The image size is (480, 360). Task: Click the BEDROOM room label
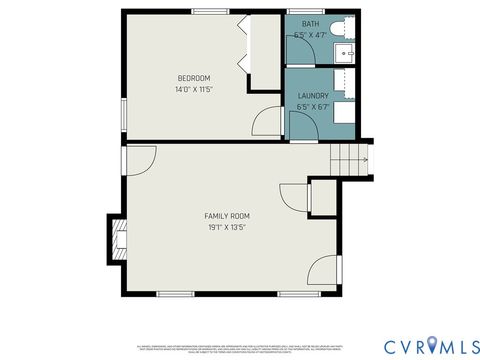point(194,78)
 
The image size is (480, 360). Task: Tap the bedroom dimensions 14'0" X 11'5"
point(194,89)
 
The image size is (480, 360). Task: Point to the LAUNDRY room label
point(313,96)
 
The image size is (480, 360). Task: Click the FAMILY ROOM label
point(227,216)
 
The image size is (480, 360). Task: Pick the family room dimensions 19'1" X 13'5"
point(227,227)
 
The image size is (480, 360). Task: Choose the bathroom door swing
point(300,56)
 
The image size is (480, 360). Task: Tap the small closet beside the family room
point(323,197)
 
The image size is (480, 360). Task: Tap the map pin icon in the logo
point(432,344)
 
